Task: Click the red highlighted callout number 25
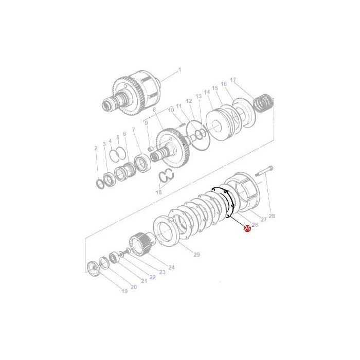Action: pyautogui.click(x=247, y=228)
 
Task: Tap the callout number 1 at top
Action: pyautogui.click(x=180, y=69)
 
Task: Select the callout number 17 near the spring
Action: pyautogui.click(x=233, y=80)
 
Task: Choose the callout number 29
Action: pyautogui.click(x=197, y=255)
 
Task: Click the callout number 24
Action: pyautogui.click(x=171, y=267)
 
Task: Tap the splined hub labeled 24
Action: pyautogui.click(x=140, y=244)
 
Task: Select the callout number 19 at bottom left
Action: pyautogui.click(x=124, y=291)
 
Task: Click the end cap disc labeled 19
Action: pyautogui.click(x=94, y=269)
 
